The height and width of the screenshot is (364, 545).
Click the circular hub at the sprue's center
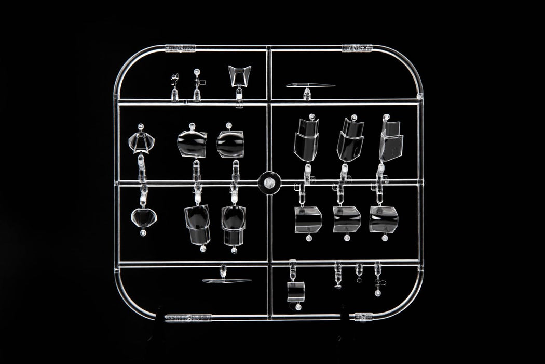click(269, 182)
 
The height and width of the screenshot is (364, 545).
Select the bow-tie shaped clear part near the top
click(239, 76)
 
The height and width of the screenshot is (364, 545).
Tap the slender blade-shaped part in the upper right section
click(310, 86)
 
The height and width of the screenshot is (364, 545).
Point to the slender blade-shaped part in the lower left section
click(226, 281)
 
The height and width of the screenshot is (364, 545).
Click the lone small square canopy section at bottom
click(296, 292)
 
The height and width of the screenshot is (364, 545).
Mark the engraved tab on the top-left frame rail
click(180, 49)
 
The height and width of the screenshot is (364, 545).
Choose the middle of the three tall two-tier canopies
click(350, 139)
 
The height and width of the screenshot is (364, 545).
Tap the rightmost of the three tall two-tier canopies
click(391, 139)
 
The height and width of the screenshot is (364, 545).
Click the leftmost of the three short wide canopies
click(308, 218)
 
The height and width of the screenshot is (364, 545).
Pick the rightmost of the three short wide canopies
click(384, 219)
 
